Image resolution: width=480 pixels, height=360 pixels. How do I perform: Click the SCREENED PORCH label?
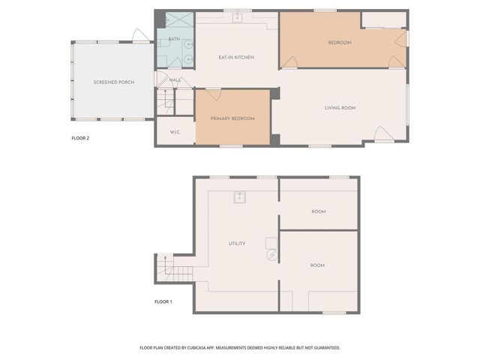(114, 82)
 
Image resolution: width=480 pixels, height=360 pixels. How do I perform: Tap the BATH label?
(174, 39)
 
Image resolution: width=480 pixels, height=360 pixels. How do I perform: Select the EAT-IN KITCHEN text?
(236, 58)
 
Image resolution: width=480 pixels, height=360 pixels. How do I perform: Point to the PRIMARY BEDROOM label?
(232, 118)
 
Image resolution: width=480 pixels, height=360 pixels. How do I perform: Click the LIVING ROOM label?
(340, 108)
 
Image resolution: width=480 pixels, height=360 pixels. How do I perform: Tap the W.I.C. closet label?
(175, 132)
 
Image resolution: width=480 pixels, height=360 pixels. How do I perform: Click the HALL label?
(175, 79)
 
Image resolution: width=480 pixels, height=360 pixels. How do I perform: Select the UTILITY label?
(237, 244)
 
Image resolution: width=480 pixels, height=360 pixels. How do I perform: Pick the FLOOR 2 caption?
(80, 138)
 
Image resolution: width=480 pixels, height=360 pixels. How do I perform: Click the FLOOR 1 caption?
(163, 301)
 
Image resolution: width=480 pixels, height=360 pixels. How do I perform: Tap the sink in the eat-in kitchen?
(237, 17)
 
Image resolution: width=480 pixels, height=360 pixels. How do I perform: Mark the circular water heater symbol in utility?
(271, 254)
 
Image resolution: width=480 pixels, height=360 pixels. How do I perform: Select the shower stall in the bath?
(174, 22)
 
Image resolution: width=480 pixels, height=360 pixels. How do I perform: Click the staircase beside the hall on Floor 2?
(165, 100)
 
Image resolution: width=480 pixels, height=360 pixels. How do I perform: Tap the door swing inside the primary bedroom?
(213, 94)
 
